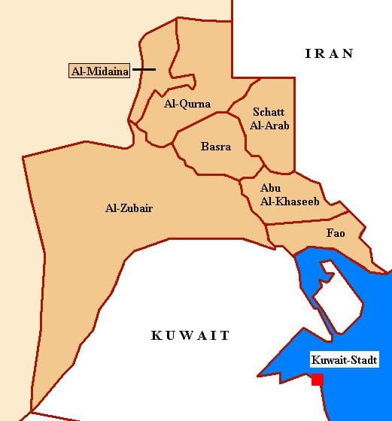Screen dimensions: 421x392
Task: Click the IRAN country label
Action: (329, 53)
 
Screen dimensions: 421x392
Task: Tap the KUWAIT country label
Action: (190, 335)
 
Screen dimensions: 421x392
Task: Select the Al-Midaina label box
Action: (99, 71)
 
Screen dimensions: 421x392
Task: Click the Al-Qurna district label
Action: (187, 104)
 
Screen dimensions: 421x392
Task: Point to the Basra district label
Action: (215, 147)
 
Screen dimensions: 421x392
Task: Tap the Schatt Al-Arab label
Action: (269, 119)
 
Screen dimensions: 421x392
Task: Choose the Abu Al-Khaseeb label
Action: (279, 195)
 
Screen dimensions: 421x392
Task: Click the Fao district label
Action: (335, 233)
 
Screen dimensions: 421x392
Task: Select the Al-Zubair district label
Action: (129, 207)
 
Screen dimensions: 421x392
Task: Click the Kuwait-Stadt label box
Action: (344, 361)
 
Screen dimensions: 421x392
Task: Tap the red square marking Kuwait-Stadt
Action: (318, 380)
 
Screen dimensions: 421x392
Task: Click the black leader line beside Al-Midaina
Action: (144, 70)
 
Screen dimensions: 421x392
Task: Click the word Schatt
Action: (269, 112)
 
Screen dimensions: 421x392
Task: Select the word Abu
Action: (270, 188)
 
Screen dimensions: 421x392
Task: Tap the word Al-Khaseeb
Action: (280, 201)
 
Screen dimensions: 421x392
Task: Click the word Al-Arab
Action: (269, 126)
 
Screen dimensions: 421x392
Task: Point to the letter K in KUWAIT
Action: (156, 335)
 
